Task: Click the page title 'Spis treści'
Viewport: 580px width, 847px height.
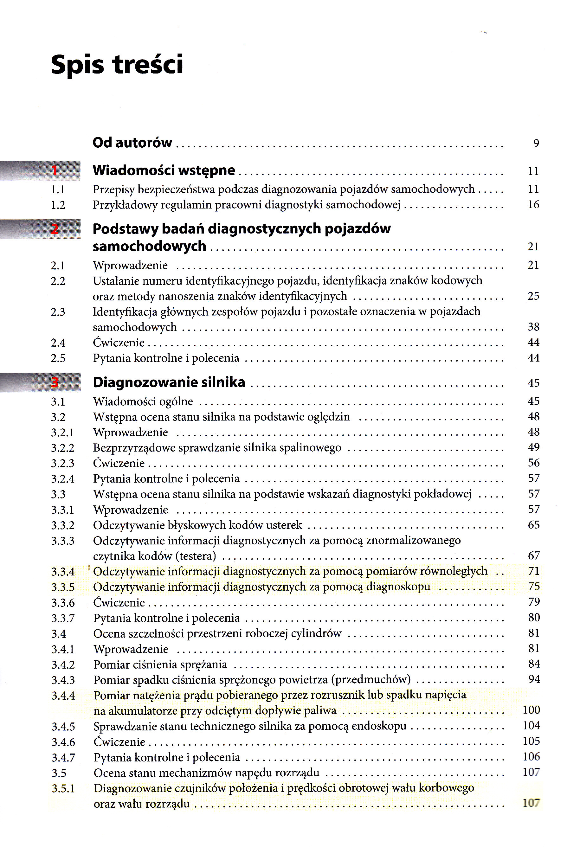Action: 117,65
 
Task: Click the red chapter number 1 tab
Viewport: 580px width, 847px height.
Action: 55,170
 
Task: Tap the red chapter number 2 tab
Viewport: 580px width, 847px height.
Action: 55,229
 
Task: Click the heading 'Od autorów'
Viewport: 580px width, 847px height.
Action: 132,143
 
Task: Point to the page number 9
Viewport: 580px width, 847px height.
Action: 536,143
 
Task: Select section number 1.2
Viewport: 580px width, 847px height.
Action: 58,205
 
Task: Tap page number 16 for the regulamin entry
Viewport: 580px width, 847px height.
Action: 533,204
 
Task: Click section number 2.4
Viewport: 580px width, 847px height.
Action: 58,343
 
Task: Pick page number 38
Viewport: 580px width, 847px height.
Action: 533,327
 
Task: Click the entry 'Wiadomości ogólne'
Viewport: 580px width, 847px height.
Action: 143,401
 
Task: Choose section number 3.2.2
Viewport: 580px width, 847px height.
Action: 62,448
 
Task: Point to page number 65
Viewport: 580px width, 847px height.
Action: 534,525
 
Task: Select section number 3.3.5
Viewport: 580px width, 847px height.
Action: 63,587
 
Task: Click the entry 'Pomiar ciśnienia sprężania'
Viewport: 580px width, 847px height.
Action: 160,664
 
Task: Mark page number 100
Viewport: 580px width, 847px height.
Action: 531,710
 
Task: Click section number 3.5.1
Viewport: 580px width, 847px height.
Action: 63,789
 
